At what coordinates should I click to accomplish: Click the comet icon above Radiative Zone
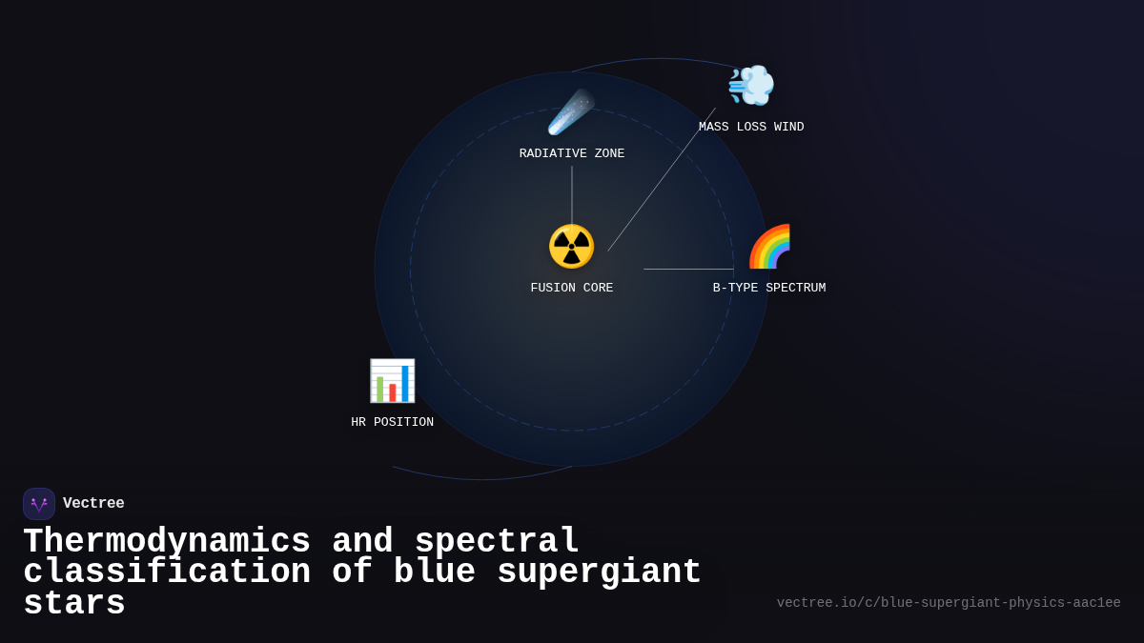(571, 112)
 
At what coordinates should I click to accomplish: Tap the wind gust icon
(751, 86)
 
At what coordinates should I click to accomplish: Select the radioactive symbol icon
(571, 247)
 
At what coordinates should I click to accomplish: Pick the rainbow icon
(769, 247)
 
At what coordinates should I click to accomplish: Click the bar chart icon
(392, 381)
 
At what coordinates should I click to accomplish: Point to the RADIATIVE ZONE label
(572, 154)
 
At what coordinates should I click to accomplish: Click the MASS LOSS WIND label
(751, 128)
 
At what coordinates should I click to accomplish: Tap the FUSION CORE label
(572, 289)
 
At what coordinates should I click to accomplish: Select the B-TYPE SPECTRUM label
(769, 289)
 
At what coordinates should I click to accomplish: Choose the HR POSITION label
(392, 423)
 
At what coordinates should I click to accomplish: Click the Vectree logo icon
(39, 504)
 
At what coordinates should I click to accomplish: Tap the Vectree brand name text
(93, 504)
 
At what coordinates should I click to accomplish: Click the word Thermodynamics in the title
(167, 541)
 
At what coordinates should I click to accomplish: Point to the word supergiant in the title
(599, 573)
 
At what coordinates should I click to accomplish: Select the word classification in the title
(167, 573)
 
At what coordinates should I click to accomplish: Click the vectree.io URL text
(949, 603)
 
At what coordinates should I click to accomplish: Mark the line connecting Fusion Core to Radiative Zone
(572, 195)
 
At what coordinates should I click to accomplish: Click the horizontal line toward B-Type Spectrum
(688, 270)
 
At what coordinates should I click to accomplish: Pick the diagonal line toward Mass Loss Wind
(662, 179)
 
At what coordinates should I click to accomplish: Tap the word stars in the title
(74, 604)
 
